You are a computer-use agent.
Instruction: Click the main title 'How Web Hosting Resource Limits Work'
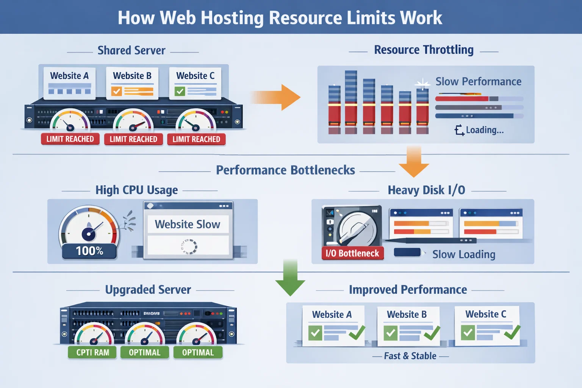pyautogui.click(x=280, y=17)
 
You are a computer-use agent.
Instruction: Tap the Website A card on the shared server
pyautogui.click(x=69, y=83)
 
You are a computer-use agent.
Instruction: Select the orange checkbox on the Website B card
pyautogui.click(x=116, y=91)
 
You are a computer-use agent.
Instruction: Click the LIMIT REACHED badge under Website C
pyautogui.click(x=196, y=139)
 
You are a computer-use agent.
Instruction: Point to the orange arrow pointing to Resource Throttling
pyautogui.click(x=277, y=97)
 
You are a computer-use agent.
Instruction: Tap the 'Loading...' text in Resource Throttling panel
pyautogui.click(x=484, y=130)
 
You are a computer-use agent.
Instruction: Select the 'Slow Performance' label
pyautogui.click(x=478, y=81)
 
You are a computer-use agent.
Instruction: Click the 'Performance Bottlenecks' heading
pyautogui.click(x=285, y=170)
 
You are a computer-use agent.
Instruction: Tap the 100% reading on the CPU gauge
pyautogui.click(x=89, y=251)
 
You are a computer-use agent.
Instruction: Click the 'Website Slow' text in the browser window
pyautogui.click(x=188, y=224)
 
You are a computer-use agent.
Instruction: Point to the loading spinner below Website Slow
pyautogui.click(x=189, y=246)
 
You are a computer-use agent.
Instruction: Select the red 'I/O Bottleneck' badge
pyautogui.click(x=352, y=253)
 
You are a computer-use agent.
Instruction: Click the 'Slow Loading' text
pyautogui.click(x=464, y=254)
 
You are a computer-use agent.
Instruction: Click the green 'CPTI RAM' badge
pyautogui.click(x=92, y=352)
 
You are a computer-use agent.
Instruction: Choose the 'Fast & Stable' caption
pyautogui.click(x=410, y=356)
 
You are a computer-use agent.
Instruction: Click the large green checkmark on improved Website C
pyautogui.click(x=512, y=332)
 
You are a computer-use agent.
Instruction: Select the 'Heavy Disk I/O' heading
pyautogui.click(x=426, y=190)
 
